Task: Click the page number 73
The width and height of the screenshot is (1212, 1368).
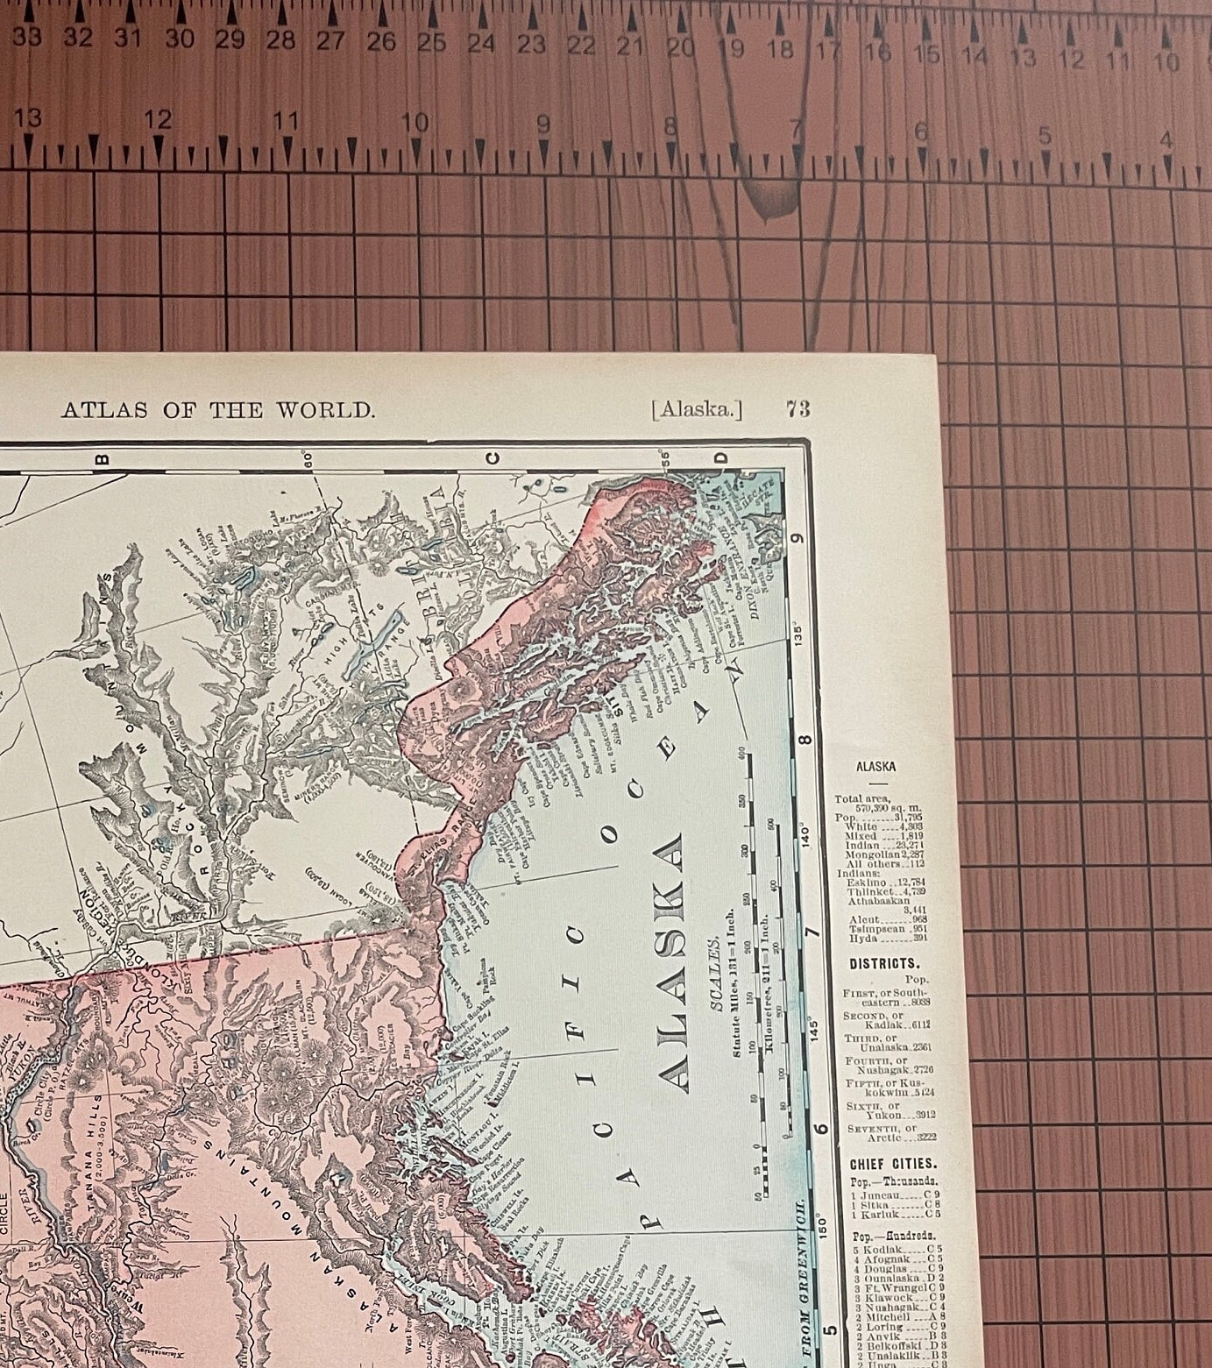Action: [x=797, y=408]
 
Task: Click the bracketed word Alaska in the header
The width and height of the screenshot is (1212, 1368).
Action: [x=696, y=408]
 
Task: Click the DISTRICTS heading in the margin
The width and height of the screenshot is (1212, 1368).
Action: [x=882, y=963]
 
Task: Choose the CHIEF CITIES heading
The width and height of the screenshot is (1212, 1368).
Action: [x=892, y=1165]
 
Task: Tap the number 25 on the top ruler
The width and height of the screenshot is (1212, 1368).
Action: [x=429, y=41]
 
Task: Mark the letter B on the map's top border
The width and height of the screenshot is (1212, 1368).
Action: [x=100, y=457]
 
